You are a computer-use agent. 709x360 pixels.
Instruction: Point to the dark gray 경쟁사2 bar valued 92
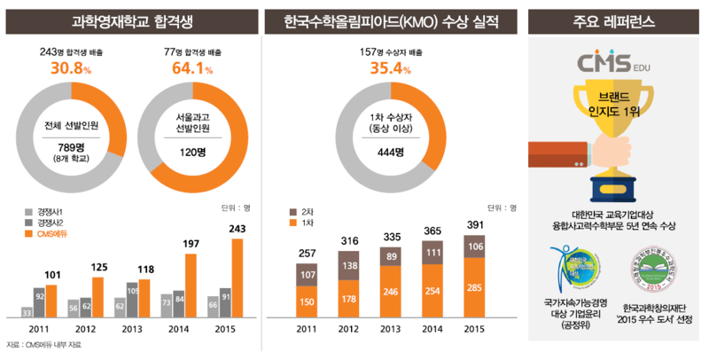tap(39, 301)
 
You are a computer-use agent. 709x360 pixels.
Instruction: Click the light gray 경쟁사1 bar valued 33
tap(26, 311)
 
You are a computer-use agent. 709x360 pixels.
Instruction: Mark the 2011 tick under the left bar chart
tap(39, 329)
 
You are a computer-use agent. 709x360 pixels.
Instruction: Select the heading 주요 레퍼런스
tap(614, 18)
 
